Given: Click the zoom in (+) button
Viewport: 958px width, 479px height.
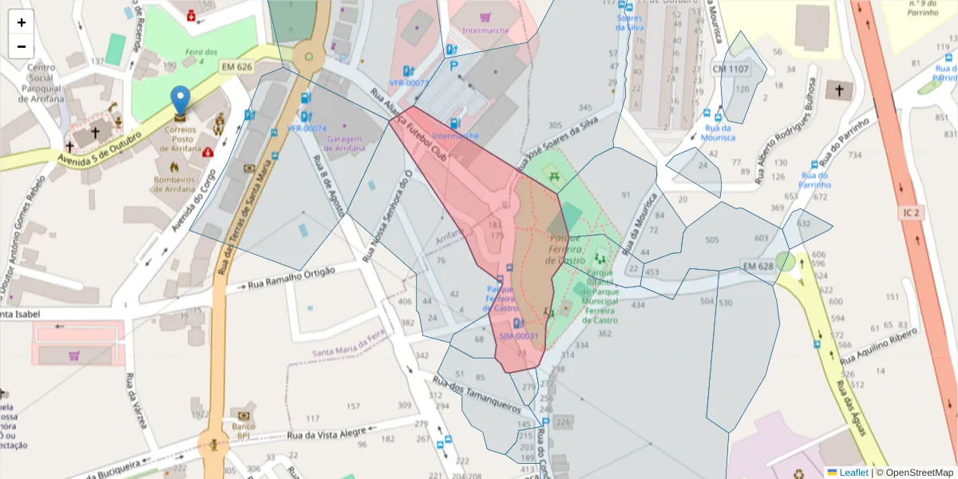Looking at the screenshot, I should coord(22,22).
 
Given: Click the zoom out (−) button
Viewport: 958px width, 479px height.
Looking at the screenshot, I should coord(22,46).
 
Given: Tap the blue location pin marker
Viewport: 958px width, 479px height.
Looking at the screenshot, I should coord(181,101).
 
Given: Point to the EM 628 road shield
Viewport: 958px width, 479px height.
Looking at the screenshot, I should coord(758,266).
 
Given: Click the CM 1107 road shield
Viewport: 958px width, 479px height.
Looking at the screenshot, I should coord(731,69).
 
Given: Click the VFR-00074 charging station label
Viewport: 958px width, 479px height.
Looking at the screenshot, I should coord(307,128).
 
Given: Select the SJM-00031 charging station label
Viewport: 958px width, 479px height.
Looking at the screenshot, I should coord(519,336).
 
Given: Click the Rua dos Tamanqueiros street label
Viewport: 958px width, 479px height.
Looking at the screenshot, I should coord(477,393).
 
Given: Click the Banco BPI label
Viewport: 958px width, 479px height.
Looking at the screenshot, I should coord(243,431).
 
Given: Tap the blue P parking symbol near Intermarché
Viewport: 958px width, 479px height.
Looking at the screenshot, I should coord(454,67).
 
